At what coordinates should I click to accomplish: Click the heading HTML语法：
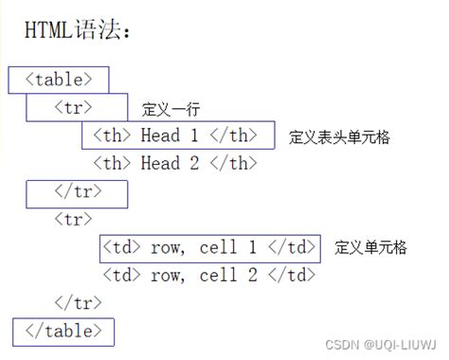(x=79, y=30)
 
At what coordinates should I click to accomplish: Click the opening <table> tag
(x=59, y=80)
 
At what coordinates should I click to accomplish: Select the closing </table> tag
(x=63, y=332)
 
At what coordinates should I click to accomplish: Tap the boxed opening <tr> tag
(x=75, y=107)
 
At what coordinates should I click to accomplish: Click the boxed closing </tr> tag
(x=76, y=191)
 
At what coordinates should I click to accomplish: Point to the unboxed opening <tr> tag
(x=75, y=220)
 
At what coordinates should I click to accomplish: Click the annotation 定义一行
(x=171, y=109)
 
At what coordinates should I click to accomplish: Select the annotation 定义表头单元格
(x=339, y=136)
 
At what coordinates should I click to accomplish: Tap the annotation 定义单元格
(x=370, y=248)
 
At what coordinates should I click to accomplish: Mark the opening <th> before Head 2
(x=113, y=163)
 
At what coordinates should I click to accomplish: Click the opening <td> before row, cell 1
(x=121, y=248)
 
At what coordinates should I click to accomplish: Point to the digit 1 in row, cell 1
(x=251, y=248)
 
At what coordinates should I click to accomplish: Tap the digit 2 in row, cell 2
(x=251, y=276)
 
